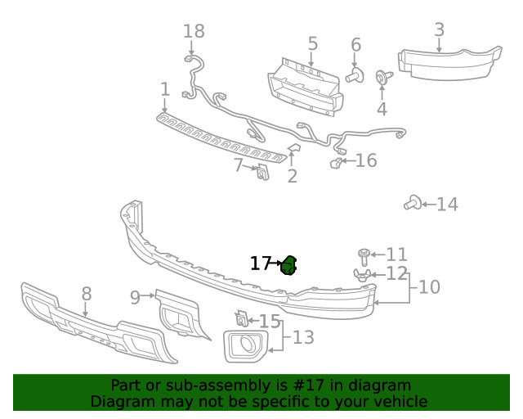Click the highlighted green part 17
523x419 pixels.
(x=288, y=265)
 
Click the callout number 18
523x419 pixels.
(x=194, y=32)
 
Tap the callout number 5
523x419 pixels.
(x=312, y=43)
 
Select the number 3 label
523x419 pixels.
(x=439, y=30)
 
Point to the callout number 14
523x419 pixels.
(x=447, y=205)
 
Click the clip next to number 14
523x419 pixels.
(x=413, y=202)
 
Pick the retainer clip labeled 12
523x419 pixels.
(x=364, y=275)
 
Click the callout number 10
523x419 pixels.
(x=429, y=287)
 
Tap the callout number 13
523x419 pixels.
(x=303, y=336)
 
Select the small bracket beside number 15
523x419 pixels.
(x=242, y=319)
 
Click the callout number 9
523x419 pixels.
(x=135, y=297)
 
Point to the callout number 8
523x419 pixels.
(x=86, y=293)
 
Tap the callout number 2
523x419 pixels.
(x=292, y=175)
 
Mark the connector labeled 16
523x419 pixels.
(x=336, y=163)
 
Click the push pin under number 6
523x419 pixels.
(x=354, y=77)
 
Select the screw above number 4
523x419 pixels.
(x=382, y=78)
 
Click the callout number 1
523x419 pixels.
(x=165, y=89)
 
